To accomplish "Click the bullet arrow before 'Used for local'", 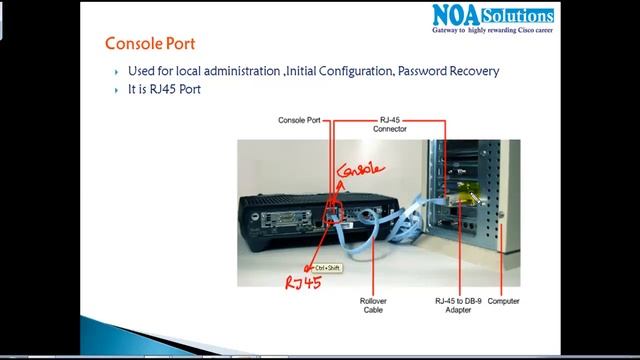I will click(x=118, y=72).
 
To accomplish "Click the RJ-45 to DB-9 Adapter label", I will click(x=455, y=305).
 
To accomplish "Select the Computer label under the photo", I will click(x=503, y=301).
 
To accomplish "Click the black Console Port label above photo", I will click(x=299, y=120).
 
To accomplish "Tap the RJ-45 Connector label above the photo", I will click(x=389, y=124).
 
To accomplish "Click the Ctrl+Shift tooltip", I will click(x=326, y=268).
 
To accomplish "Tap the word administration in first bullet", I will click(x=235, y=71).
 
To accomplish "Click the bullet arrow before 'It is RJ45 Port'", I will click(x=118, y=90).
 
